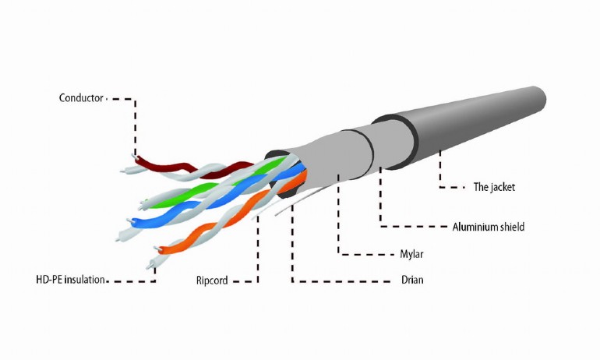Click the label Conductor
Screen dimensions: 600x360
[81, 98]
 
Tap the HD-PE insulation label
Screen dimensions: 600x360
[70, 280]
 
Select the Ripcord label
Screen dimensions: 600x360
[212, 281]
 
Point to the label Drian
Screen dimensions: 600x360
[412, 280]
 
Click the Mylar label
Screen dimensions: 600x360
[411, 254]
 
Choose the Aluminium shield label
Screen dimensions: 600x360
[489, 227]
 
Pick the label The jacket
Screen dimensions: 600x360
[494, 187]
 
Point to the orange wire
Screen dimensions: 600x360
[230, 214]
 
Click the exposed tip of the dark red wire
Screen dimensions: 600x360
[134, 156]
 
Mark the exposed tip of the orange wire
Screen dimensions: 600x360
[157, 249]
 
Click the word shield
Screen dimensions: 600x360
[512, 227]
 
